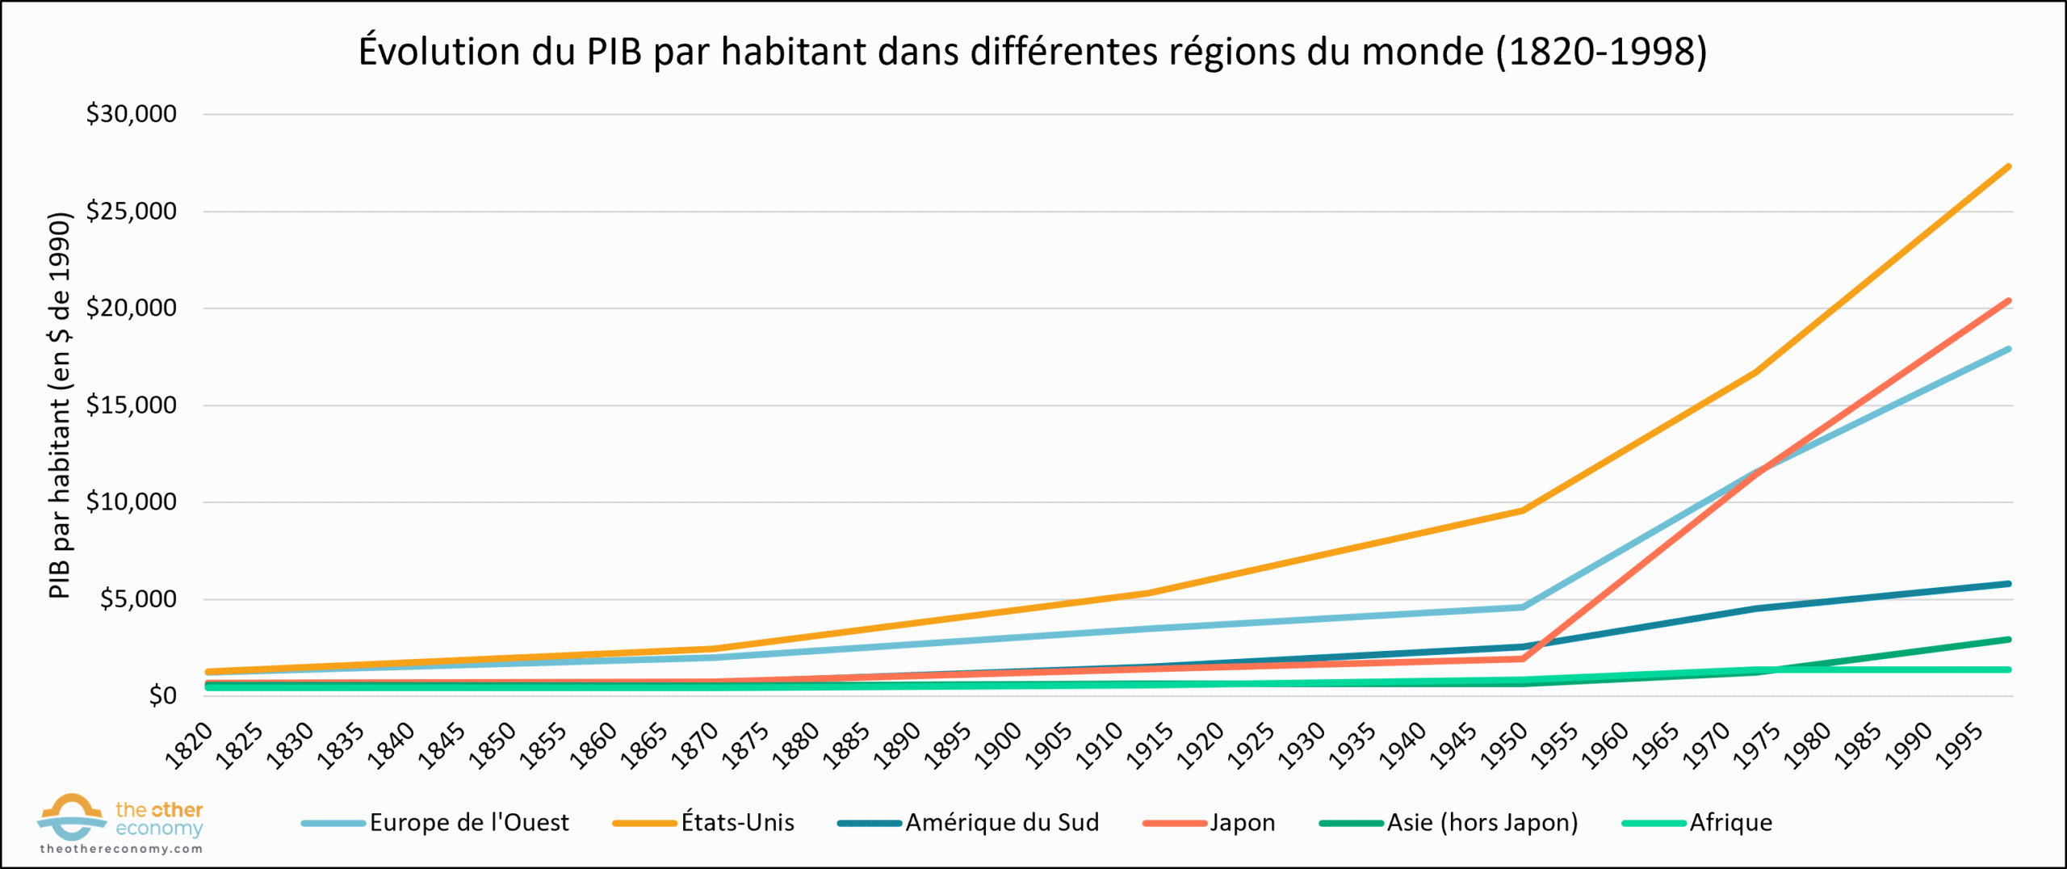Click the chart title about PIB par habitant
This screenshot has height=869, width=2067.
(x=1032, y=52)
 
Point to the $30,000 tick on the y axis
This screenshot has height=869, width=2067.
(x=131, y=114)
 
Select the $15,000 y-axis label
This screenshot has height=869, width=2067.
(x=131, y=405)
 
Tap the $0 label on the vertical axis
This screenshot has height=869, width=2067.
(x=161, y=696)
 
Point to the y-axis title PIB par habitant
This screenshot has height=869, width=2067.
(x=60, y=405)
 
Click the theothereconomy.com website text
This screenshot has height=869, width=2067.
(x=121, y=850)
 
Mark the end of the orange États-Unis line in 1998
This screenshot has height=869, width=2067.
(x=2008, y=167)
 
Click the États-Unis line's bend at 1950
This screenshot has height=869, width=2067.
(x=1523, y=510)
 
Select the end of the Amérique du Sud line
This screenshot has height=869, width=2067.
(x=2008, y=584)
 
